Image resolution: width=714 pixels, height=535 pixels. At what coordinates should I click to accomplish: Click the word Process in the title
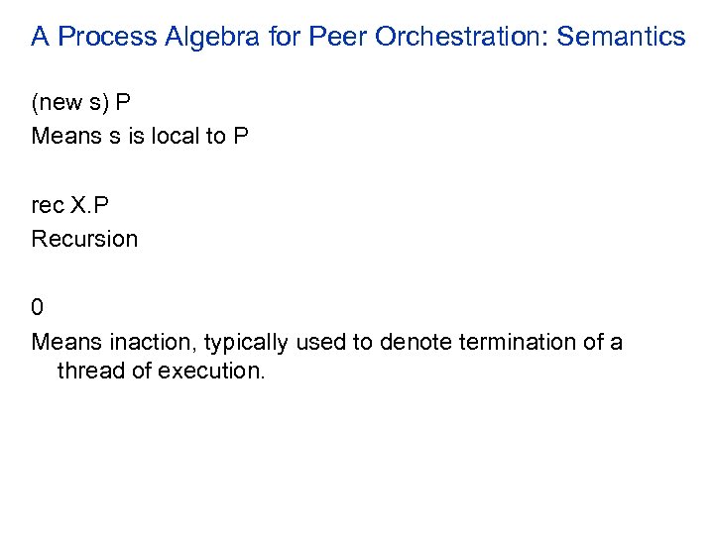(x=102, y=38)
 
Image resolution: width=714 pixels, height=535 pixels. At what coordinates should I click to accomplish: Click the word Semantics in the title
(x=621, y=38)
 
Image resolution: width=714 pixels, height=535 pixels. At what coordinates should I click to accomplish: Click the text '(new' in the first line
(x=56, y=103)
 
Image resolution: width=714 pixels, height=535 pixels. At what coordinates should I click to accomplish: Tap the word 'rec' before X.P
(x=47, y=206)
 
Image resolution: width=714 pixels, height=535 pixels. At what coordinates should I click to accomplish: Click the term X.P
(x=90, y=206)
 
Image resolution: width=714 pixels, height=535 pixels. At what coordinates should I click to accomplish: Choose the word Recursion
(x=84, y=239)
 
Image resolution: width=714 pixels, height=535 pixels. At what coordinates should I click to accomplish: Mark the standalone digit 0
(x=38, y=308)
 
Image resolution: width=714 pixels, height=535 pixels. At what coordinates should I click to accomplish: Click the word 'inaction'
(x=143, y=343)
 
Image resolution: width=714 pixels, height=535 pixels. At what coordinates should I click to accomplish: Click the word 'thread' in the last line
(x=92, y=373)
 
